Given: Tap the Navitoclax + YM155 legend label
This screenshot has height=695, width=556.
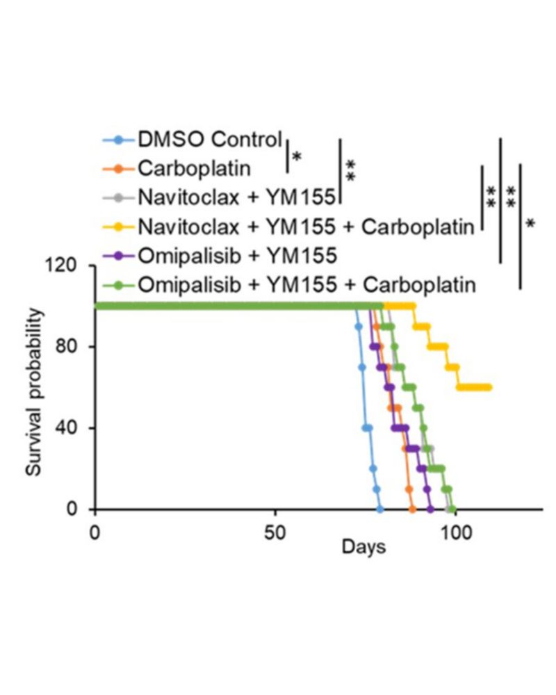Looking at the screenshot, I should point(237,197).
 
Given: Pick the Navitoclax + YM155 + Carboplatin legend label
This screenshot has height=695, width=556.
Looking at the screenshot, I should point(306,226).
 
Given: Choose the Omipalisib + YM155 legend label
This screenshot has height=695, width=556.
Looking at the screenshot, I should point(237,255).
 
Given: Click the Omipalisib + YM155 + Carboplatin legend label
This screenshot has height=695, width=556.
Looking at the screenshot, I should point(306,284).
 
